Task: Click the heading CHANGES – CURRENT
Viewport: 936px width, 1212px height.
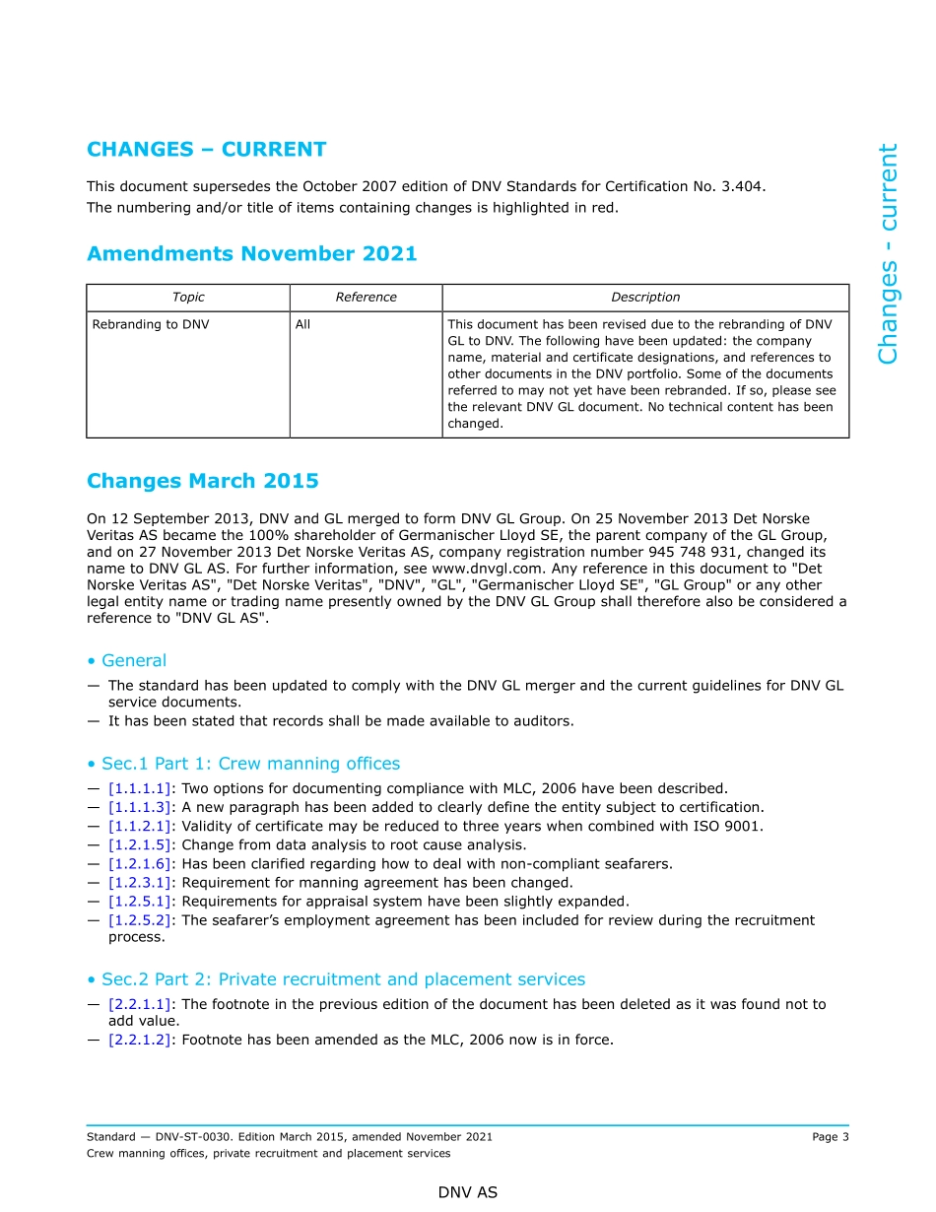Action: click(206, 150)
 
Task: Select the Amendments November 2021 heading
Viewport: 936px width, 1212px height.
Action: click(251, 254)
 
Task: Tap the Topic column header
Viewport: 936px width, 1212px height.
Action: click(188, 298)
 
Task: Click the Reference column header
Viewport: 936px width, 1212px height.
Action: click(366, 298)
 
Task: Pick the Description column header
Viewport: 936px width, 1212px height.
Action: click(645, 298)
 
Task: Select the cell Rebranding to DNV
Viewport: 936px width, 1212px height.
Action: click(151, 324)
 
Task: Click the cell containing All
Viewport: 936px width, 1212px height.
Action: click(302, 324)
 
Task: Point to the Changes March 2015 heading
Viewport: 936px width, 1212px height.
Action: click(202, 481)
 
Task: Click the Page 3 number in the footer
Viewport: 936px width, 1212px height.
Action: click(830, 1137)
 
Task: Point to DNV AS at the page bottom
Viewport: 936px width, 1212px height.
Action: click(468, 1192)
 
